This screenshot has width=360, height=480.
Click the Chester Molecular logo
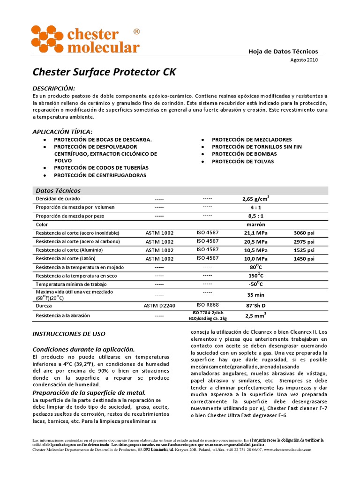[x=85, y=39]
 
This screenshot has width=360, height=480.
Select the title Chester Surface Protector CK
[x=105, y=72]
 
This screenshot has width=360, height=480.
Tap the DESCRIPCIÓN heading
[x=53, y=89]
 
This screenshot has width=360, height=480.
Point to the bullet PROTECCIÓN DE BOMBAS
[x=244, y=154]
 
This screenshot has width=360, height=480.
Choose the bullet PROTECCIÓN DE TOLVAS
[x=243, y=162]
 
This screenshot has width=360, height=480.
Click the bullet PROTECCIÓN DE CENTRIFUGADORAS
[x=100, y=175]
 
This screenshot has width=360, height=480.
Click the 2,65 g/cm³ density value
[x=255, y=199]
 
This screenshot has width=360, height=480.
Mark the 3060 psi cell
[x=304, y=233]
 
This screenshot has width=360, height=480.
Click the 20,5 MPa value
[x=255, y=241]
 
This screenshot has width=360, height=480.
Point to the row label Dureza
[x=44, y=305]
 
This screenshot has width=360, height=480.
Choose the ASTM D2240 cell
[x=159, y=305]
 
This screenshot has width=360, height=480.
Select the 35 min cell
[x=255, y=295]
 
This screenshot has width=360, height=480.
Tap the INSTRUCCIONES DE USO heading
[x=68, y=334]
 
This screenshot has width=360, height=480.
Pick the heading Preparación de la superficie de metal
[x=89, y=392]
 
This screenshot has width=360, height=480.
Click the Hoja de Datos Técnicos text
[x=283, y=52]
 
